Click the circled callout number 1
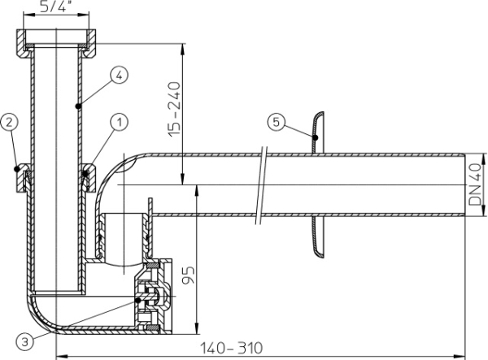120,122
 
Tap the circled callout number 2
9,122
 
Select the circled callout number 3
25,342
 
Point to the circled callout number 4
120,76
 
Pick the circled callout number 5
277,122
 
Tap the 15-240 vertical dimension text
174,109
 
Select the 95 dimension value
189,275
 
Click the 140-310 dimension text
231,348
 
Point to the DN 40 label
475,184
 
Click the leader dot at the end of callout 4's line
78,106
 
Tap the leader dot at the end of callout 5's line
316,137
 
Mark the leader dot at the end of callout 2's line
17,169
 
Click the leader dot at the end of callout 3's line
138,301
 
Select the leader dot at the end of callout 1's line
85,173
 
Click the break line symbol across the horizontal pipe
261,185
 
